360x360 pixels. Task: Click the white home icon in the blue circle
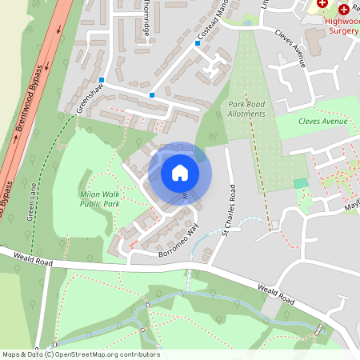(180, 172)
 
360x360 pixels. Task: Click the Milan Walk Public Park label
(100, 199)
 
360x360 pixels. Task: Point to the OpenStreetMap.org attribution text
(80, 354)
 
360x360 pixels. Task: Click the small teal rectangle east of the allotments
(301, 183)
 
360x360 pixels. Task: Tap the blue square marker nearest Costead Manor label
(198, 44)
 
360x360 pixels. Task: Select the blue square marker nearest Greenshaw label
(102, 80)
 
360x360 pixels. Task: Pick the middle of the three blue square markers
(152, 95)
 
